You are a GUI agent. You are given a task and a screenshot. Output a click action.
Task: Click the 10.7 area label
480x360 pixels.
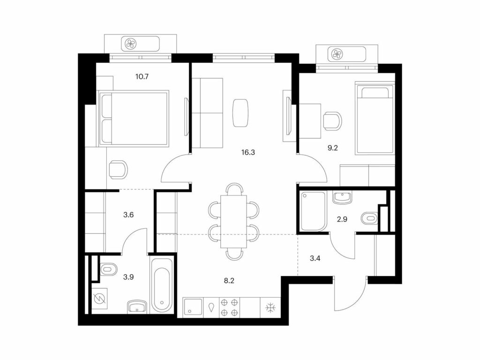[142, 76]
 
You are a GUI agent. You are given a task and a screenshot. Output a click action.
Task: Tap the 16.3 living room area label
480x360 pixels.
[248, 152]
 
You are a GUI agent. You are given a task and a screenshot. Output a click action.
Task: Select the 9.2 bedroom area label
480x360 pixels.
[332, 148]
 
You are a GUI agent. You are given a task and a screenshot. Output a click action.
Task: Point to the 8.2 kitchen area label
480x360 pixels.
[229, 281]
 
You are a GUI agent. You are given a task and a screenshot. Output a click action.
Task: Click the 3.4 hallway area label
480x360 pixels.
[315, 258]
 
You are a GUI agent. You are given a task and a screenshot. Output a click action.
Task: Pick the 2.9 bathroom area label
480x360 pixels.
[342, 219]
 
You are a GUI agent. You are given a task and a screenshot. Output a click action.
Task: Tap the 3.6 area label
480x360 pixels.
[128, 215]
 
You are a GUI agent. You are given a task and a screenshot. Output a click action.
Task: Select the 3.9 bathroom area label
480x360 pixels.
[128, 277]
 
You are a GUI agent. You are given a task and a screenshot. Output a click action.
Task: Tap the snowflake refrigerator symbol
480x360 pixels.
[270, 307]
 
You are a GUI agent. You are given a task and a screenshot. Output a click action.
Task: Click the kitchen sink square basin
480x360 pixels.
[193, 307]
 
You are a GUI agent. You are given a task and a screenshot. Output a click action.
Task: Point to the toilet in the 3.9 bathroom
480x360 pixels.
[109, 270]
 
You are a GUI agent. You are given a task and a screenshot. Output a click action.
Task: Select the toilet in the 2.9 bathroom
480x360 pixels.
[370, 218]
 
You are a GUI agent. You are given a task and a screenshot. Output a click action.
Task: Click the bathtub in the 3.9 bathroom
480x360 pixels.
[162, 285]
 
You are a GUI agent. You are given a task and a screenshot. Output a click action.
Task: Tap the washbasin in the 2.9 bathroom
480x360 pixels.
[342, 197]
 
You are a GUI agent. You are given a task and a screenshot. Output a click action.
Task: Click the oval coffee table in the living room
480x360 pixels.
[241, 113]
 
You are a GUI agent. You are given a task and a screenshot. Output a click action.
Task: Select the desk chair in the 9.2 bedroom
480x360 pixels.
[332, 121]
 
